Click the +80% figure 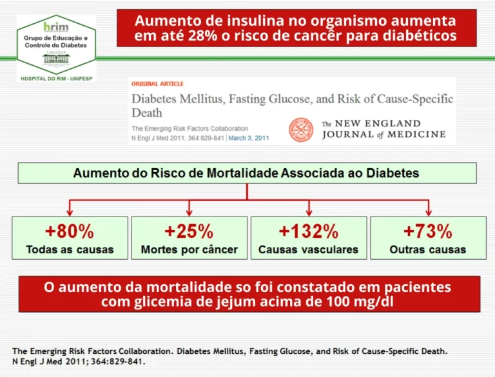click(x=70, y=231)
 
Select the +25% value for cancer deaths click(x=189, y=231)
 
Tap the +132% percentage click(x=308, y=231)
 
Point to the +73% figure click(x=428, y=231)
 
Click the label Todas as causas click(x=70, y=249)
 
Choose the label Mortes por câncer click(x=189, y=249)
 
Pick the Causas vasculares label click(x=308, y=249)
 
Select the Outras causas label click(x=428, y=249)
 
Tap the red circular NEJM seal click(x=300, y=129)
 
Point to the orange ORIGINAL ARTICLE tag click(x=157, y=84)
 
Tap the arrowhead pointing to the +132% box click(x=309, y=211)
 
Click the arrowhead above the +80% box click(x=70, y=211)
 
